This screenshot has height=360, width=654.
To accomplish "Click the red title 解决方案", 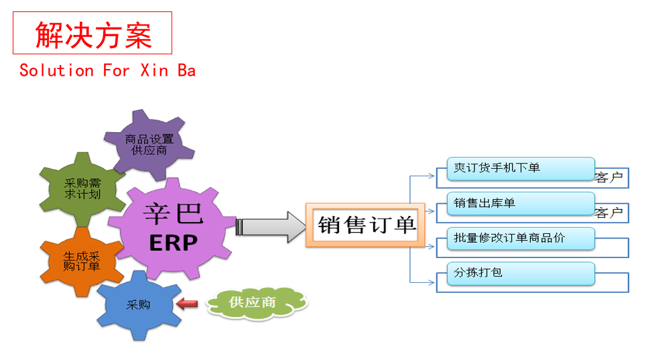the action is pyautogui.click(x=93, y=35).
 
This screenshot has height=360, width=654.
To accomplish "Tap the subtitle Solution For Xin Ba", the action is pyautogui.click(x=108, y=70).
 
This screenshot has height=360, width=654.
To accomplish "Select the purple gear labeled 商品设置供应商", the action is pyautogui.click(x=149, y=144).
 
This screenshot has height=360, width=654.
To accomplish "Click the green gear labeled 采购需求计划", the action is pyautogui.click(x=82, y=189).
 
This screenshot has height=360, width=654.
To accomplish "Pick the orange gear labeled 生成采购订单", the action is pyautogui.click(x=82, y=261).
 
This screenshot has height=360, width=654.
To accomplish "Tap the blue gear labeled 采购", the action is pyautogui.click(x=139, y=305).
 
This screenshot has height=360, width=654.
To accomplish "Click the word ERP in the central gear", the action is pyautogui.click(x=173, y=243).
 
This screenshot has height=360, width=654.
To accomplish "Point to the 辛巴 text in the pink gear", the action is pyautogui.click(x=173, y=213).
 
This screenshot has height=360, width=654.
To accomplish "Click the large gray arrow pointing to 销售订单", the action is pyautogui.click(x=271, y=227).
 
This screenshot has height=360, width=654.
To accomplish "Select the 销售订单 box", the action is pyautogui.click(x=365, y=225).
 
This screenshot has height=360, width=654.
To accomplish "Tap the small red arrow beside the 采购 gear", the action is pyautogui.click(x=187, y=303).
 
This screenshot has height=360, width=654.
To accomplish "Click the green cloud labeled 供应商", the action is pyautogui.click(x=257, y=303).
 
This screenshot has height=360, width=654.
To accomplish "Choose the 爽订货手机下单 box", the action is pyautogui.click(x=521, y=168).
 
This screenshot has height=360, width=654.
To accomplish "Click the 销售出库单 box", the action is pyautogui.click(x=521, y=204).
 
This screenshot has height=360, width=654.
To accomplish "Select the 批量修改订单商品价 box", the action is pyautogui.click(x=521, y=239).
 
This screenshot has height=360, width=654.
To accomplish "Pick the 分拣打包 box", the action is pyautogui.click(x=521, y=274).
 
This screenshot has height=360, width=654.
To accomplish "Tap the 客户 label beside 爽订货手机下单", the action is pyautogui.click(x=608, y=178).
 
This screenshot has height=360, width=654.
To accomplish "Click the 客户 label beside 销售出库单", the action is pyautogui.click(x=608, y=213).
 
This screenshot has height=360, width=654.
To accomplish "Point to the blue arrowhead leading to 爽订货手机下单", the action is pyautogui.click(x=432, y=176).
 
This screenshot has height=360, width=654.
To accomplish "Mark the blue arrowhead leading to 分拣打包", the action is pyautogui.click(x=432, y=282).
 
